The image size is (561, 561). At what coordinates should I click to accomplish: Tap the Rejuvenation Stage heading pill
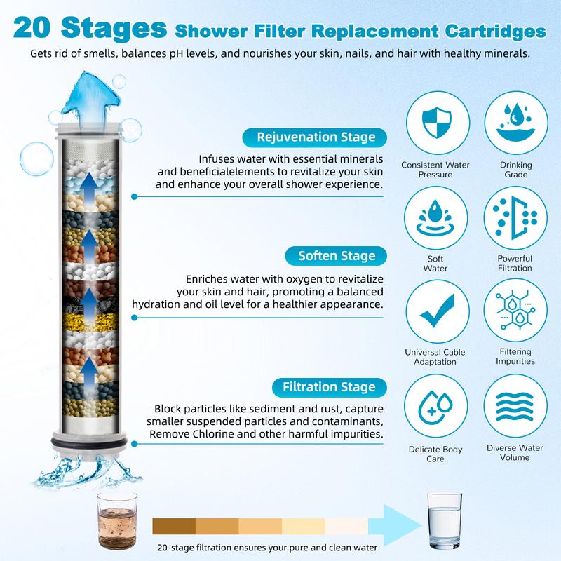coord(314,137)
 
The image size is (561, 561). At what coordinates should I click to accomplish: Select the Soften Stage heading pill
coord(336,256)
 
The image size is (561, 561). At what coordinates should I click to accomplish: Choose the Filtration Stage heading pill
coord(329,388)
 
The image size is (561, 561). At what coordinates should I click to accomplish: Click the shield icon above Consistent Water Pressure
coord(436,123)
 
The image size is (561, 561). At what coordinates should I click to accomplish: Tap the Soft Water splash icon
coord(435,218)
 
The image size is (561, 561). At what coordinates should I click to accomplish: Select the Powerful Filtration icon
coord(515,217)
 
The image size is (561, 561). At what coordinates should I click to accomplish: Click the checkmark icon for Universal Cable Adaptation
coord(437,311)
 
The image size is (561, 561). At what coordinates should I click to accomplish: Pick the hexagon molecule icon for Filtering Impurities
coord(515,310)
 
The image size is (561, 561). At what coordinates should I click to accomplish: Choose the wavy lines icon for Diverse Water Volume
coord(515,407)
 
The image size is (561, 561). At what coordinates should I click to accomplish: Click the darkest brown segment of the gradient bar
coord(174,527)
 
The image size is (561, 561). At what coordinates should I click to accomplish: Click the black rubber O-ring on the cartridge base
coord(89,442)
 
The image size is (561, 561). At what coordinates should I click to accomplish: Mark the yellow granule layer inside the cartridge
coord(90,322)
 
